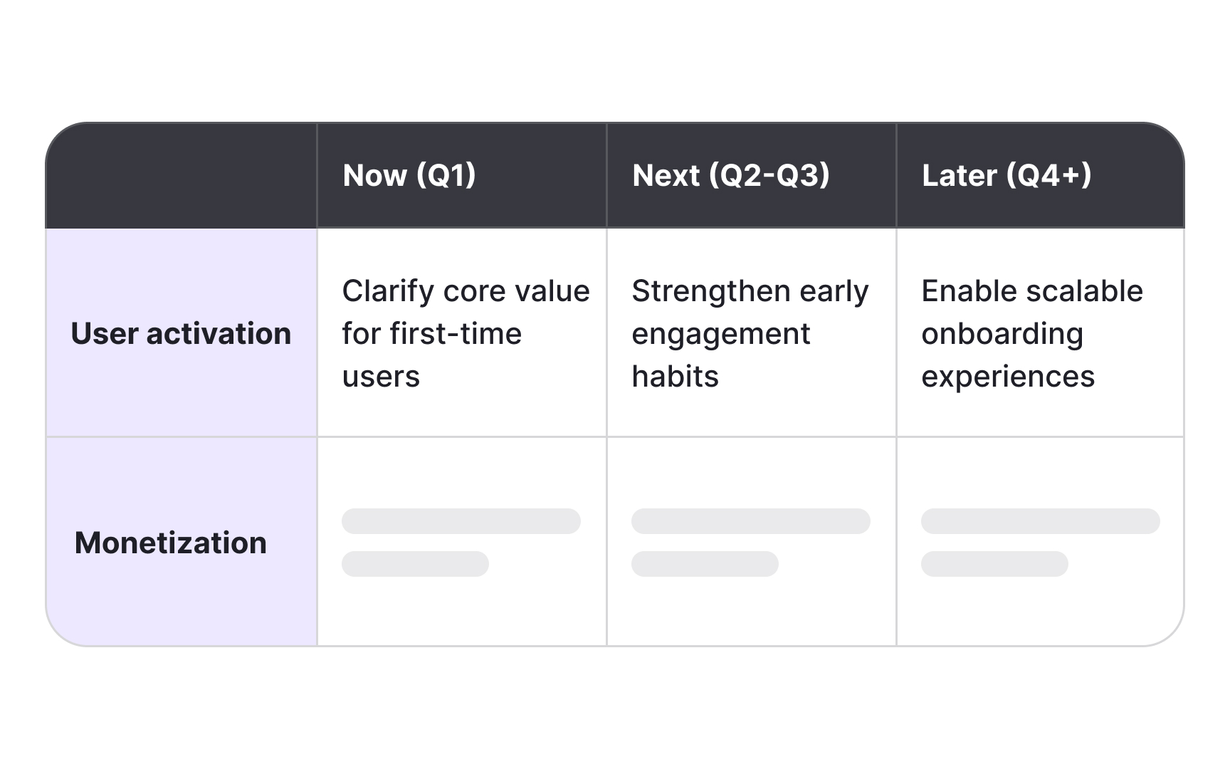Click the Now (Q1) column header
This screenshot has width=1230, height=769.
(x=409, y=175)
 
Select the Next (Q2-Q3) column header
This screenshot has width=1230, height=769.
(x=730, y=175)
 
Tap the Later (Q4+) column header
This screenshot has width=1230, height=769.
(x=1006, y=175)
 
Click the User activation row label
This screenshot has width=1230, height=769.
(x=181, y=333)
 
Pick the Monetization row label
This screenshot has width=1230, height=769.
(x=171, y=543)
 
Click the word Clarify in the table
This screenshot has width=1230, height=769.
(x=387, y=291)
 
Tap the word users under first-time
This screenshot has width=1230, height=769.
(x=381, y=376)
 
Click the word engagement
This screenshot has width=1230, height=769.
(x=720, y=334)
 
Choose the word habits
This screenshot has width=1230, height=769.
(x=675, y=376)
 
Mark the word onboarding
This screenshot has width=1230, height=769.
(x=1002, y=334)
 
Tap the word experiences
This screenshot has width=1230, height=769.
(x=1008, y=377)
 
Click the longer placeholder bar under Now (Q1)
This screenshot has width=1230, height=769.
(x=461, y=521)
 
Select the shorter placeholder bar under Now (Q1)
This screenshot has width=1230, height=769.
(x=415, y=564)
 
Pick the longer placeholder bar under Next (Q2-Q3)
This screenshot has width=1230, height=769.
(x=751, y=521)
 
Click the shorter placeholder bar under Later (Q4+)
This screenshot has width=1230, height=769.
(x=994, y=564)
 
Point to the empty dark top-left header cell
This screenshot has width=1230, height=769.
(x=182, y=175)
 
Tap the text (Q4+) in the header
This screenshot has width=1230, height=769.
(x=1048, y=175)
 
